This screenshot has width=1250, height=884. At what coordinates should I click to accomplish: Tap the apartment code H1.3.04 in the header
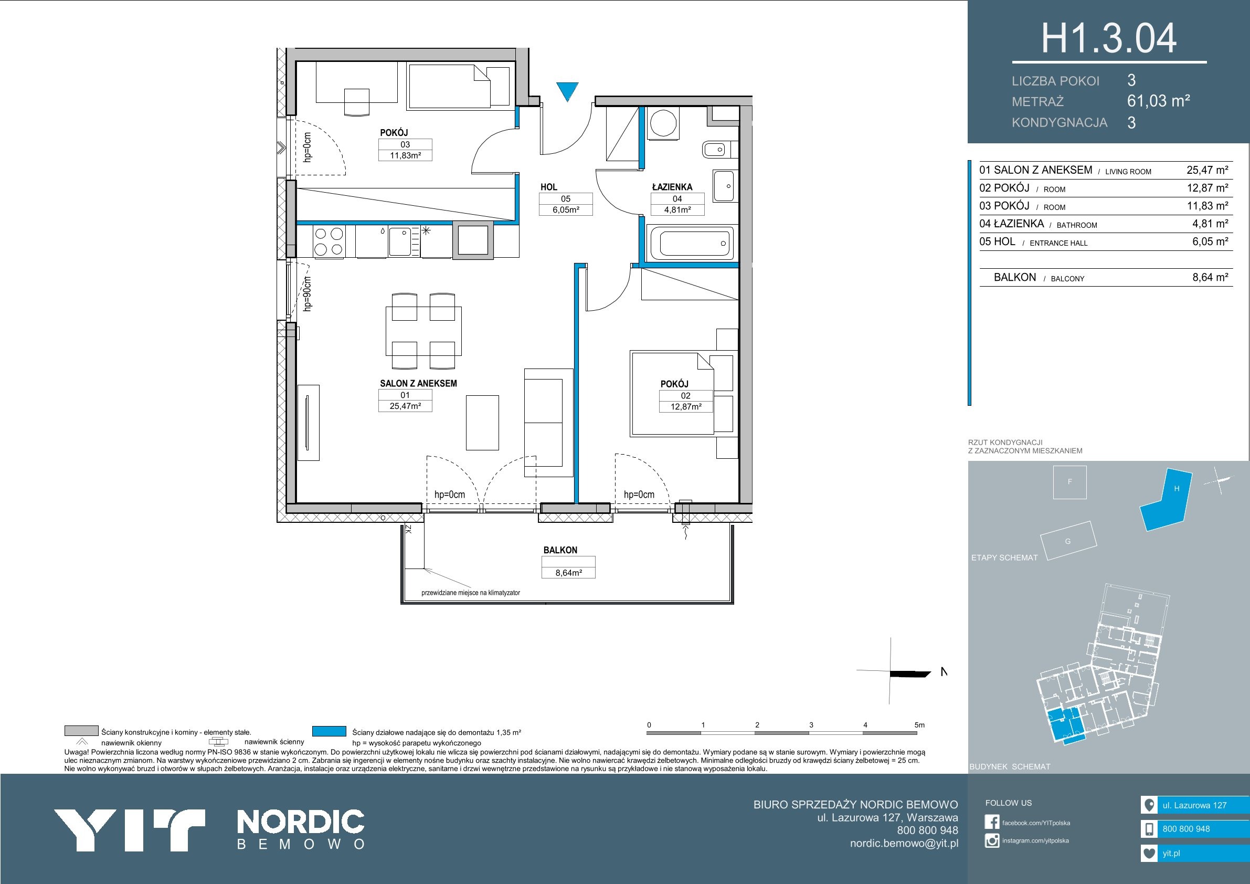tap(1109, 39)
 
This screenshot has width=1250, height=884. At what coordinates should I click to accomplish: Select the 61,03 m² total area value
tap(1159, 101)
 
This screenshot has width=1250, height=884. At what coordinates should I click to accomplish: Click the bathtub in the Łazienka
tap(692, 243)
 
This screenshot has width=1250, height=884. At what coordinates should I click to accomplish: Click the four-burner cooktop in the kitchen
tap(329, 241)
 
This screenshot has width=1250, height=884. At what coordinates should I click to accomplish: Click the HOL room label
tap(549, 187)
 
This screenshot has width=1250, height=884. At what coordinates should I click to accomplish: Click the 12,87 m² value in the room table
tap(1207, 188)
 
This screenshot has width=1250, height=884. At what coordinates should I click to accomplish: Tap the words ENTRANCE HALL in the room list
tap(1058, 244)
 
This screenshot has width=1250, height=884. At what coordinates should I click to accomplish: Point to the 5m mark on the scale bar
tap(919, 725)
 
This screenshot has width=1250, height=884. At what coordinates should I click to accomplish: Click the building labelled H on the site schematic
tap(1166, 499)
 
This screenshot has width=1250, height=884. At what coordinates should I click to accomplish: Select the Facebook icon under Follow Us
tap(992, 823)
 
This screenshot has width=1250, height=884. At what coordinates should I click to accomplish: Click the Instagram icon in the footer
tap(992, 840)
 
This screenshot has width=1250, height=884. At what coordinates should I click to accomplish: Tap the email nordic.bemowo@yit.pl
tap(904, 843)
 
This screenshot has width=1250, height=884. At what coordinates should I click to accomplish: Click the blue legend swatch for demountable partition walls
tap(330, 731)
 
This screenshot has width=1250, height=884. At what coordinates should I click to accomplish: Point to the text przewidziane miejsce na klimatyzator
tap(470, 593)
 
